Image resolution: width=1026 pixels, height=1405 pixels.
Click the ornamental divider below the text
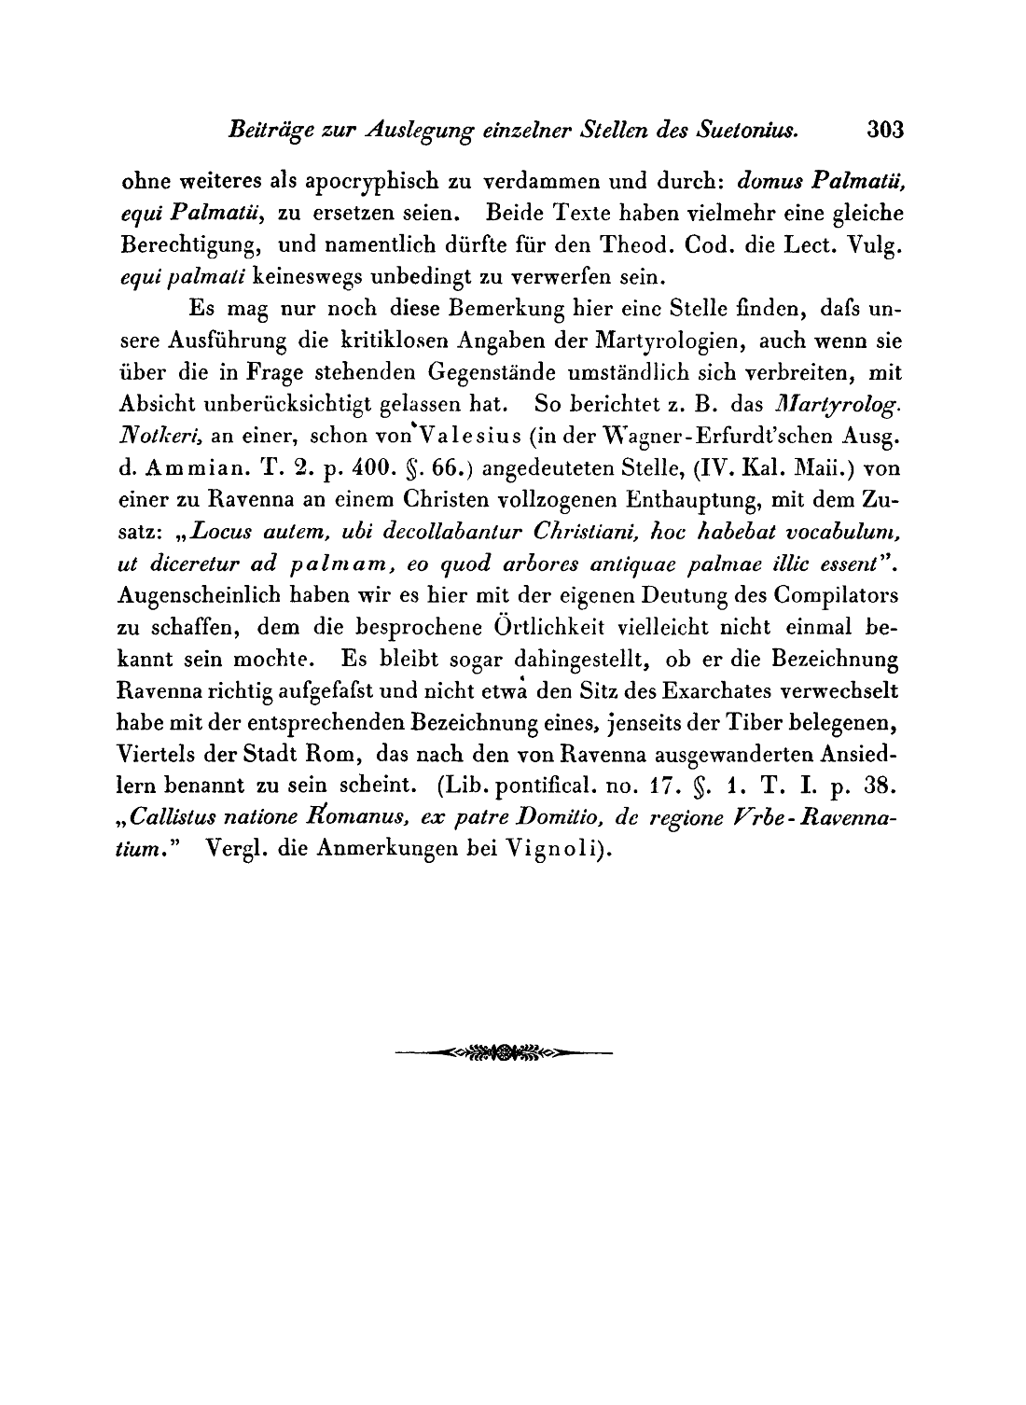[x=504, y=1054]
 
